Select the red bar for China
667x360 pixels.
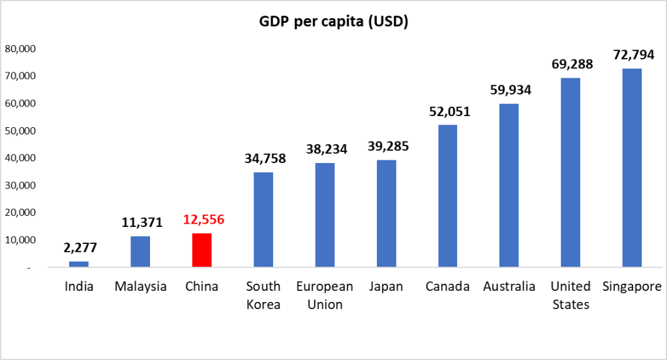pyautogui.click(x=202, y=250)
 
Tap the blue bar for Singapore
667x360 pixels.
pyautogui.click(x=632, y=168)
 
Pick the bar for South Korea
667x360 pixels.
pyautogui.click(x=263, y=220)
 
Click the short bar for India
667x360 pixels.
pyautogui.click(x=79, y=264)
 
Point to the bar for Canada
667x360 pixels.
pyautogui.click(x=447, y=196)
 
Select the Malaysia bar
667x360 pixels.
pyautogui.click(x=140, y=252)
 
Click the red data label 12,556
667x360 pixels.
pyautogui.click(x=203, y=220)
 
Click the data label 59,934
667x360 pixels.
pyautogui.click(x=510, y=89)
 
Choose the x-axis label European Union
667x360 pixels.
pyautogui.click(x=325, y=295)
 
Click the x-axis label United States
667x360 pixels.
pyautogui.click(x=571, y=295)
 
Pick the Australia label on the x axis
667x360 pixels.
pyautogui.click(x=509, y=287)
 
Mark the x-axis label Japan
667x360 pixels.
pyautogui.click(x=386, y=287)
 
